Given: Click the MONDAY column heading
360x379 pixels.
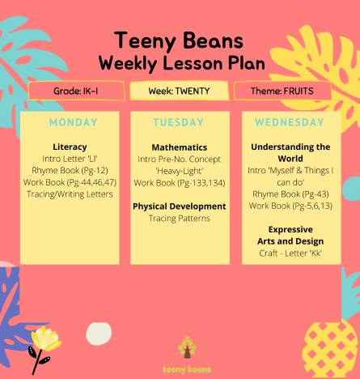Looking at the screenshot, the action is (73, 122).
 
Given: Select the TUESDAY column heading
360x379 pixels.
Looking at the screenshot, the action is (179, 122).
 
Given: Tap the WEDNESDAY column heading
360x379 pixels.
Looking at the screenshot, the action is (290, 122).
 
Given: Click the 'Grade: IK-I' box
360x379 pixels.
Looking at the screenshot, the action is (76, 91).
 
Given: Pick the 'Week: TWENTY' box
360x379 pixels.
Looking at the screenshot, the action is (179, 91).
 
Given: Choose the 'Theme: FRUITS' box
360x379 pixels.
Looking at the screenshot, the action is (282, 91).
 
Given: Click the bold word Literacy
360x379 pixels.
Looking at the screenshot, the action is (70, 147).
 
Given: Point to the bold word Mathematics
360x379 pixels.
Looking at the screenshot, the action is (180, 147).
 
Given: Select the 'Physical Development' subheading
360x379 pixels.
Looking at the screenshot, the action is (180, 207).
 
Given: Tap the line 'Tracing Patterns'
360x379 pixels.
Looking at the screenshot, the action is (180, 218).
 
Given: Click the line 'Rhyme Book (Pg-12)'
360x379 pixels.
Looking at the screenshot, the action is (70, 171).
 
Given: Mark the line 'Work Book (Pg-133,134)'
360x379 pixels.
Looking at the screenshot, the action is (180, 183).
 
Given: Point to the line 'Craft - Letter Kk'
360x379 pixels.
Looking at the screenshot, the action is (290, 253).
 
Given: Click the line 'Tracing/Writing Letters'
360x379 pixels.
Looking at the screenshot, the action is (70, 194).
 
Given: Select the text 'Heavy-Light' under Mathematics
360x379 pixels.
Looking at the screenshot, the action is (180, 171).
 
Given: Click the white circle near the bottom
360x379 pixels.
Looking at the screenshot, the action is (99, 334).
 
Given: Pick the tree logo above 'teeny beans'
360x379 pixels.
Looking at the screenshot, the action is (187, 347).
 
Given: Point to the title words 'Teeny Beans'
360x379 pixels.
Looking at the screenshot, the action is (179, 40).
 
